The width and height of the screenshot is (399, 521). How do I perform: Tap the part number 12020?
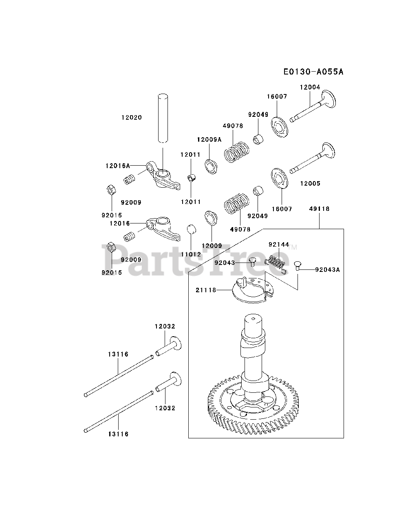coord(131,118)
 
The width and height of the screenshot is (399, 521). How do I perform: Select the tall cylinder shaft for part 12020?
coord(163,118)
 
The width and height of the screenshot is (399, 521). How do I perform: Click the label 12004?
coord(310,87)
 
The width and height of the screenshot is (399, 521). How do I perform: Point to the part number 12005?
coord(310,184)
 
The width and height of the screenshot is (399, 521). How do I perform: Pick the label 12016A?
coord(117,166)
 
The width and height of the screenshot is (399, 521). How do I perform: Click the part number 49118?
coord(319,209)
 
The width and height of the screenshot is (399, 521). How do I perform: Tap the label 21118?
coord(206,290)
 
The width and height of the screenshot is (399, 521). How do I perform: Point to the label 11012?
coord(191,254)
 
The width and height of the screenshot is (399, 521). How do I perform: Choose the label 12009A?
coord(209,139)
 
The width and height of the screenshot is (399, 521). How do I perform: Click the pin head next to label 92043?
coord(252,261)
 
